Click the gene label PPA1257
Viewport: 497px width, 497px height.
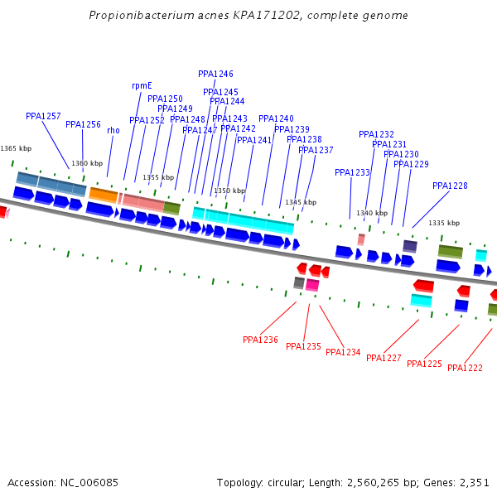(x=43, y=117)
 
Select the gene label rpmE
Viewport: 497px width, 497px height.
(x=142, y=85)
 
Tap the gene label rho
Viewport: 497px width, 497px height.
(x=113, y=130)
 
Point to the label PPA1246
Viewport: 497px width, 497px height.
(x=215, y=74)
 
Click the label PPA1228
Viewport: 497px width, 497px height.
(x=450, y=186)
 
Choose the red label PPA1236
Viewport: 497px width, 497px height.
(x=260, y=340)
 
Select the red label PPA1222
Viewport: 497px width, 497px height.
(x=465, y=368)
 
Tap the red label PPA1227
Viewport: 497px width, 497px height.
(x=384, y=358)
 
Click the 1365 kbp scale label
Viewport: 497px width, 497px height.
(x=16, y=148)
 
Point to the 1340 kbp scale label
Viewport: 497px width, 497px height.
(x=372, y=213)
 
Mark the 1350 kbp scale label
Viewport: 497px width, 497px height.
(x=229, y=191)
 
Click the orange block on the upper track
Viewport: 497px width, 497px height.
(x=104, y=195)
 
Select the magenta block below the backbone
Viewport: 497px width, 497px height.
(x=312, y=285)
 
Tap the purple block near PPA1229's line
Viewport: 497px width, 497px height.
(x=410, y=246)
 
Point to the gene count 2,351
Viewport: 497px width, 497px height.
(x=473, y=482)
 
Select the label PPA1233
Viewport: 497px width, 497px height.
(x=352, y=172)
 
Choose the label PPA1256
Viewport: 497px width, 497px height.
(x=83, y=125)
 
